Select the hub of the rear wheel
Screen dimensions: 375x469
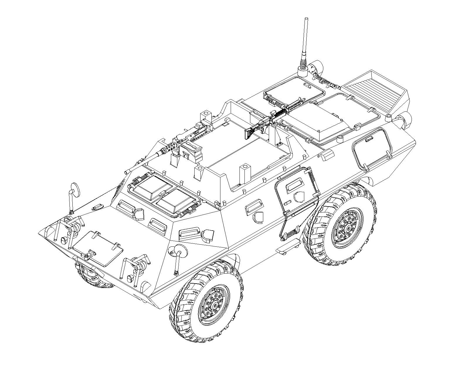[348, 228]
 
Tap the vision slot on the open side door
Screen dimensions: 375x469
[294, 186]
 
